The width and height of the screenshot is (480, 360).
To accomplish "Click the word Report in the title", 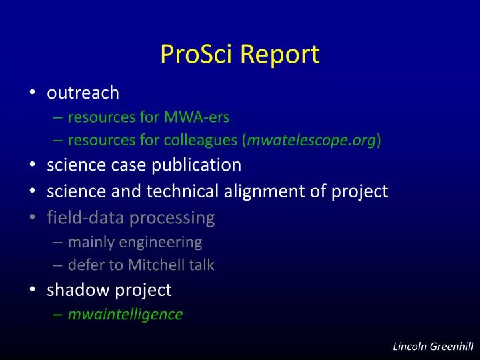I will point(280,55).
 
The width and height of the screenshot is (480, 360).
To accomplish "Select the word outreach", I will point(83,93).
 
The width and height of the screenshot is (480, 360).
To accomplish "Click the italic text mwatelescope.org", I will point(312,140).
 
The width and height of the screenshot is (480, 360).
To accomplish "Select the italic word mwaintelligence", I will point(125,314).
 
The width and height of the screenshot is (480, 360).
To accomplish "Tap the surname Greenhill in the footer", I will point(452,345).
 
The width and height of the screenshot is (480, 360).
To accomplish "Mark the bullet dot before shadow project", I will point(33,291).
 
